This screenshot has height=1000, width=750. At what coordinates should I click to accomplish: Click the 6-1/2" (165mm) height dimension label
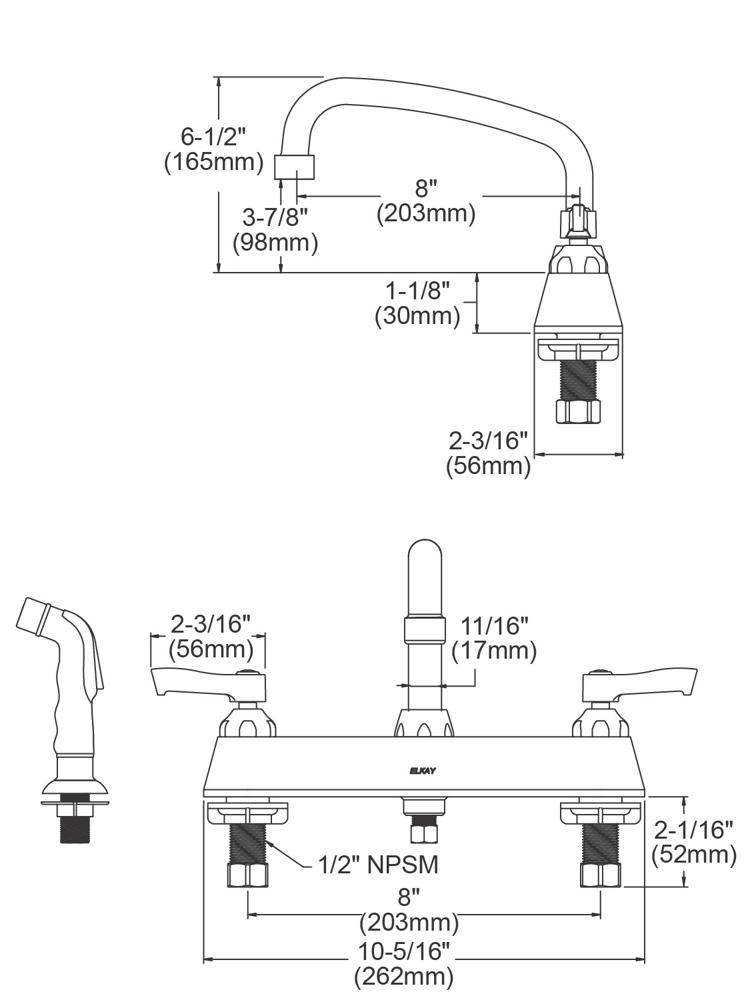(214, 150)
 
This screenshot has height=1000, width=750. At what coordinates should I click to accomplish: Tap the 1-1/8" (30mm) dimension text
(417, 303)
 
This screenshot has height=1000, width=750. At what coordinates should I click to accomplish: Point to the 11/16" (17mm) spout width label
(494, 638)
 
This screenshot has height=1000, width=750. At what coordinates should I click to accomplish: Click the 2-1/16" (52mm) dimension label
(693, 842)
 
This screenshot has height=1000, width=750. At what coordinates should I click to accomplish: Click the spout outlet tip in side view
(295, 166)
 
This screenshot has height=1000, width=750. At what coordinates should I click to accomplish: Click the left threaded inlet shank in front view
(247, 845)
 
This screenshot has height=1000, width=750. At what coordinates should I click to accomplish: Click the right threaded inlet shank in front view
(600, 845)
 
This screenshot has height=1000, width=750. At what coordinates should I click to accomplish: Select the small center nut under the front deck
(424, 830)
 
